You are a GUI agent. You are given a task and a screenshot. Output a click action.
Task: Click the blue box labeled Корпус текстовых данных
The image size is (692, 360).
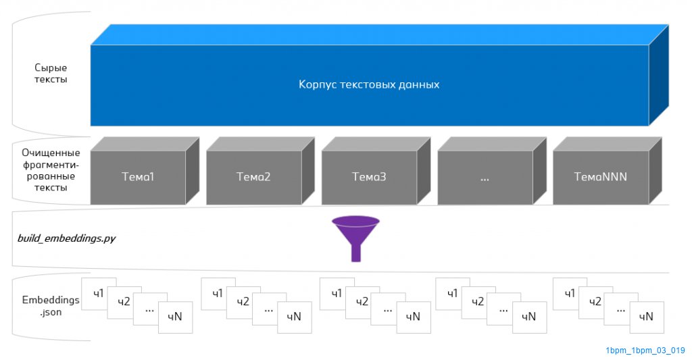tap(369, 85)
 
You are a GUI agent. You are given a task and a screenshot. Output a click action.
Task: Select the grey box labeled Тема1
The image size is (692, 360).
tap(138, 177)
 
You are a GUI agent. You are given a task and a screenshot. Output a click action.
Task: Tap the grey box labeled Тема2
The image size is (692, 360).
tap(253, 177)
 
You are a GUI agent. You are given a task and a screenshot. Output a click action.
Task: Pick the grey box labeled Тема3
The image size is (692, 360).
tap(369, 177)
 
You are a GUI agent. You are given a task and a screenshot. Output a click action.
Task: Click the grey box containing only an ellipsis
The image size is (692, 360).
tap(485, 177)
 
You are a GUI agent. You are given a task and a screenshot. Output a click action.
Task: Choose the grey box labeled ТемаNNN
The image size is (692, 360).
tap(600, 177)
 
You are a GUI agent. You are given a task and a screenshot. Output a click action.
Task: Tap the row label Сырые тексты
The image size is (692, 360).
tap(51, 74)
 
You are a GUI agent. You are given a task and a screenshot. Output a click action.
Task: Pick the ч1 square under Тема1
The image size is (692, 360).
tap(98, 293)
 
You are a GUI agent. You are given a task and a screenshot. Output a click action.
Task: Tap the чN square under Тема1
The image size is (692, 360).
tap(176, 317)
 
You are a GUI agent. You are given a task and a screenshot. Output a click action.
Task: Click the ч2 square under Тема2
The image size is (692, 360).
tap(243, 302)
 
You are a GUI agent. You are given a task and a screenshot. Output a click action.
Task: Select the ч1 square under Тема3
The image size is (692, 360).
tap(337, 293)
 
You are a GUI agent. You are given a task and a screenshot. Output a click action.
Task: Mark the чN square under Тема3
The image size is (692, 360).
tap(413, 317)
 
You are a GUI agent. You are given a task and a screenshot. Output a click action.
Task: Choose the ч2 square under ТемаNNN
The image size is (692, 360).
tap(595, 302)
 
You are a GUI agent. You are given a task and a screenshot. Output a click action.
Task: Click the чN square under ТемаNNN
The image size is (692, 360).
tap(646, 317)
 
